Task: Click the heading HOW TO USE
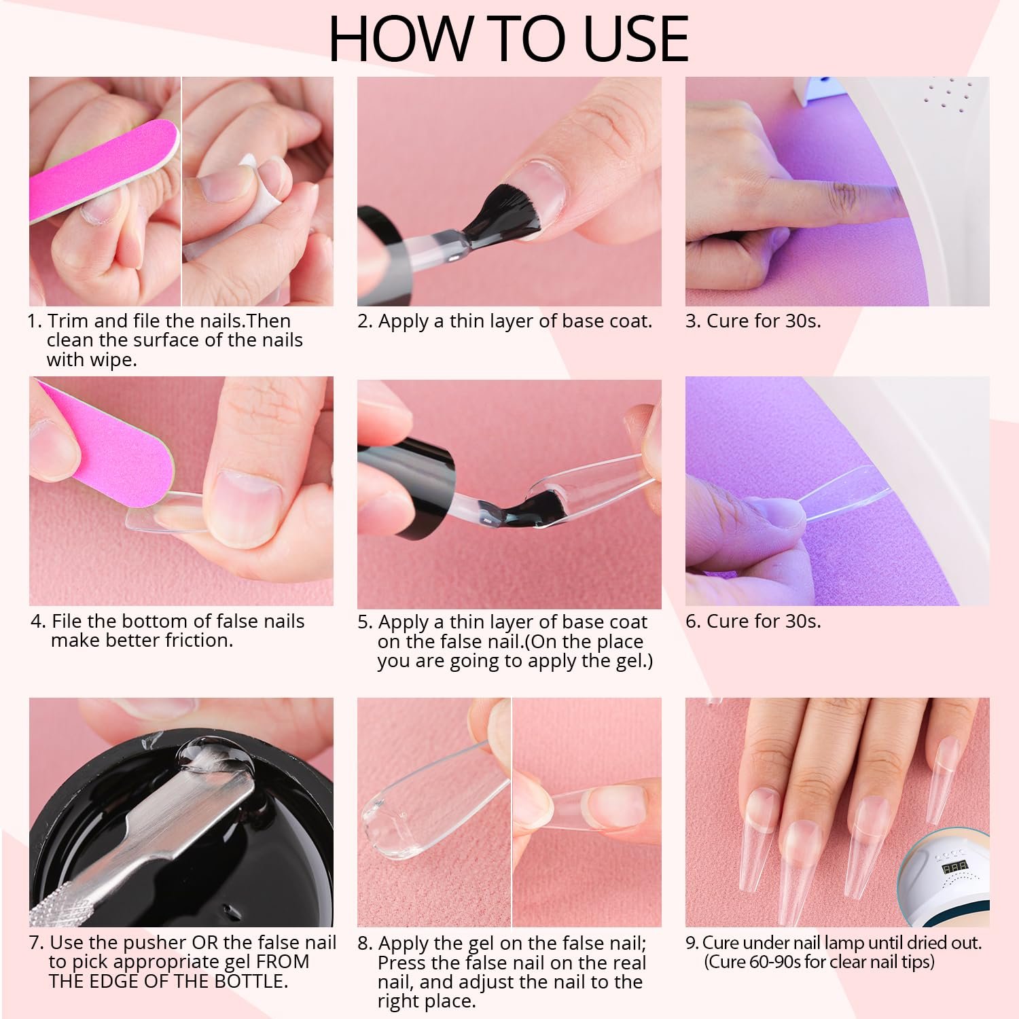(x=509, y=38)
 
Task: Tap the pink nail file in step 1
(x=102, y=170)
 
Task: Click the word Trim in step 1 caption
(x=68, y=321)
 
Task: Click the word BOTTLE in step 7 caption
(x=247, y=981)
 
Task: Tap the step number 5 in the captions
(x=362, y=622)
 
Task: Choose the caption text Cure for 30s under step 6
(x=764, y=621)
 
